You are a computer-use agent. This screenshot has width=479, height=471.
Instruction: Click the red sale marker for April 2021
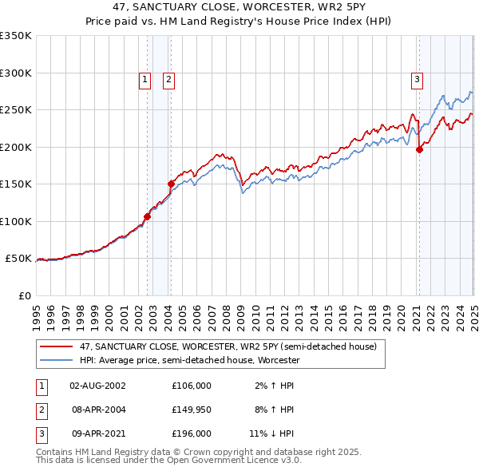coord(419,148)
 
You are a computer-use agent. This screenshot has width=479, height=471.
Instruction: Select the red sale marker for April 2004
coord(171,183)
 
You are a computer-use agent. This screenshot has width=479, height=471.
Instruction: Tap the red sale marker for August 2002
coord(147,216)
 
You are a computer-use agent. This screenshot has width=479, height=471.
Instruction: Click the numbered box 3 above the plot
coord(417,79)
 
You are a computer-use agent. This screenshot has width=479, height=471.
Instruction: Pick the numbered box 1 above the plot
coord(144,79)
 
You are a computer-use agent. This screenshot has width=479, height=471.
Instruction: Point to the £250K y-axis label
coord(16,110)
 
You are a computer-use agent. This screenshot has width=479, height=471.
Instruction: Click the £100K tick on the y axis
coord(16,221)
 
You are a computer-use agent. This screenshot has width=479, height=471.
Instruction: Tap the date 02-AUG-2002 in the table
coord(97,386)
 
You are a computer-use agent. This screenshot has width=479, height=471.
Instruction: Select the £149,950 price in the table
coord(192,410)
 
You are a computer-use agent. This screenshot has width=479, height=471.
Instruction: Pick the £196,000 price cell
coord(192,433)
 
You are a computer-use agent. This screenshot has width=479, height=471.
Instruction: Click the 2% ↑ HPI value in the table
coord(273,386)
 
